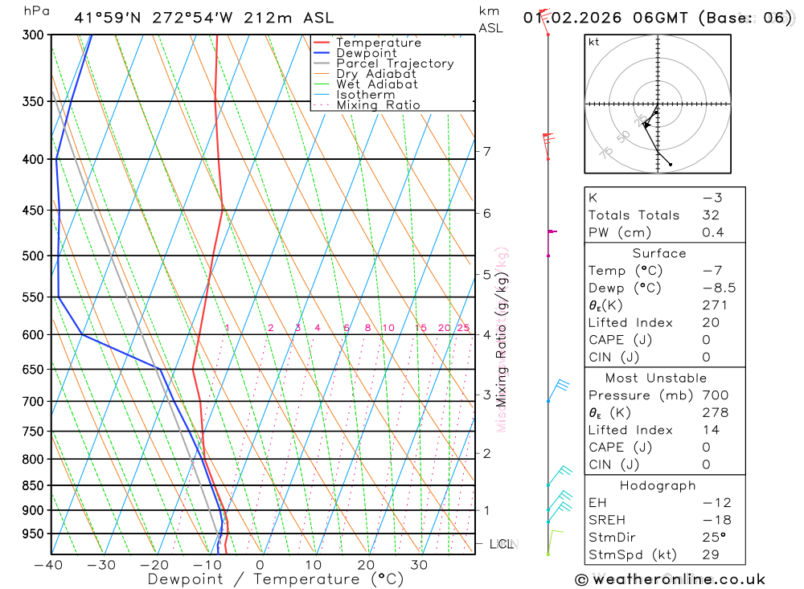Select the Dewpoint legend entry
(x=366, y=53)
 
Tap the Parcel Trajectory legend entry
(x=394, y=63)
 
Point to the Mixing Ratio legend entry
(x=378, y=105)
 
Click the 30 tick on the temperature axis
(x=418, y=565)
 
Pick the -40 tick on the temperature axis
(x=48, y=565)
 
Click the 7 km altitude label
(x=486, y=151)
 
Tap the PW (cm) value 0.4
(x=712, y=233)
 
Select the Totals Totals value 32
(x=710, y=215)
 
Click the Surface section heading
(x=658, y=253)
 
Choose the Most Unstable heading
(x=656, y=378)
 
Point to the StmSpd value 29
(x=710, y=554)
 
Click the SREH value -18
(x=710, y=520)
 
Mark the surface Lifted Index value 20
(x=709, y=323)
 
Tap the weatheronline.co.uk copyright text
(x=670, y=579)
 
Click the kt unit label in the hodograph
(x=593, y=42)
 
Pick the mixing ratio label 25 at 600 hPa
(x=463, y=328)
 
